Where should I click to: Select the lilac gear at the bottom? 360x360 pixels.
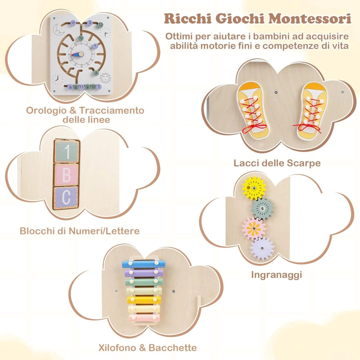point(262,249)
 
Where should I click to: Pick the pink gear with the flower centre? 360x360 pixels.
point(254,229)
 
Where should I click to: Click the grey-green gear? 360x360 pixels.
point(262,208)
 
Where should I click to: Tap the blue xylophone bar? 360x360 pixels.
point(143,264)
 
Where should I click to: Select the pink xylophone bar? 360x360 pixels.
point(144,318)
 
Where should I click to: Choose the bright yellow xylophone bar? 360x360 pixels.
point(144,300)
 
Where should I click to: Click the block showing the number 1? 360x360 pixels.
point(66,151)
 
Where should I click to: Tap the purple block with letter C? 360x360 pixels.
point(66,198)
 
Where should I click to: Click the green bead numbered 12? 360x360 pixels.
point(100,25)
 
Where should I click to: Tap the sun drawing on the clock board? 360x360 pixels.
point(105,78)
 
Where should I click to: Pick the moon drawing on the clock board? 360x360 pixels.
point(57,30)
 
